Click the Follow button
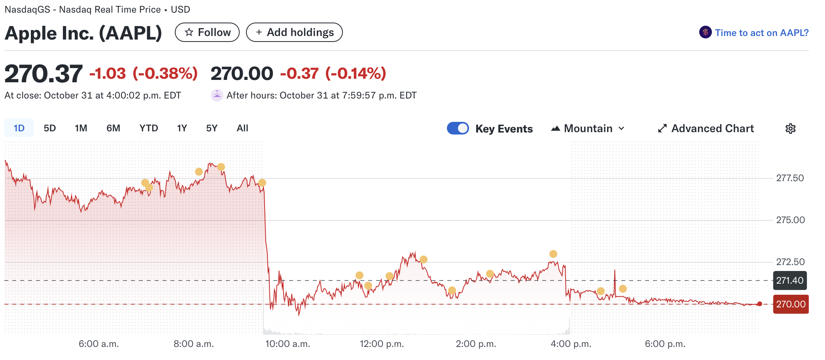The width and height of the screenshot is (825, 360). coord(207,32)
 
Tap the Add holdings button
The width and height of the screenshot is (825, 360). coord(294,32)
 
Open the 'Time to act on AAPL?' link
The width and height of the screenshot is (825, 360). coord(761,33)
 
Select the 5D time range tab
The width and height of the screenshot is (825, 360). coord(50,128)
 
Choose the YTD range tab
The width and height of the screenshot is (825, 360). coord(149,128)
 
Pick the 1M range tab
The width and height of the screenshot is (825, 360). coord(81,128)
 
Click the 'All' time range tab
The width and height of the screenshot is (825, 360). coord(242,128)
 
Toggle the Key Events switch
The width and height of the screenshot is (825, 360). coord(458,129)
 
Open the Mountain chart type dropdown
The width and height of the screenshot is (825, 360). coord(588,129)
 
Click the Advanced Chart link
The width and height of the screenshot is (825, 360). coord(706,129)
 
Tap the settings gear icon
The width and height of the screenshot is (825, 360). coord(790,129)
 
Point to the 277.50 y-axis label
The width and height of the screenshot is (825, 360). coord(790,178)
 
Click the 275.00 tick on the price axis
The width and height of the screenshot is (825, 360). coord(790,220)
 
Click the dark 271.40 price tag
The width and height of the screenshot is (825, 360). coord(790,280)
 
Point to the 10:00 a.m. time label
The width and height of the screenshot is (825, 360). coord(288,344)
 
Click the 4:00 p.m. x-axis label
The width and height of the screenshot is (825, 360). coord(571,344)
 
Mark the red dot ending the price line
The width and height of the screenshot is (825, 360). coord(759,304)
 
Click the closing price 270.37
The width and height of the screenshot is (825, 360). coord(44,74)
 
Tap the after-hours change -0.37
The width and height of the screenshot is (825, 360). coord(299,74)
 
